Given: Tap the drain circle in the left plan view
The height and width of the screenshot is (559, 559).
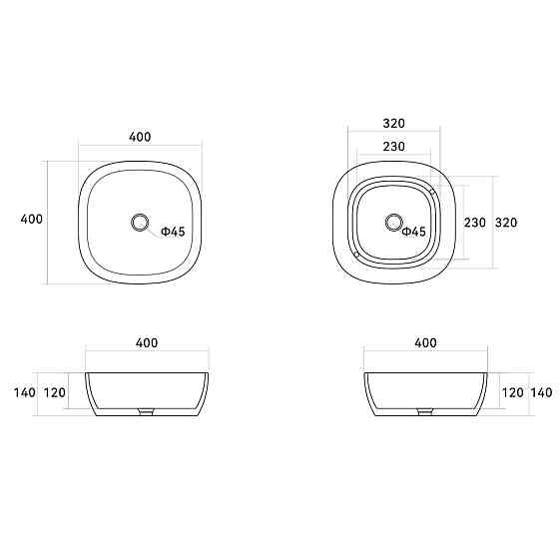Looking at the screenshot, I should click(x=140, y=222).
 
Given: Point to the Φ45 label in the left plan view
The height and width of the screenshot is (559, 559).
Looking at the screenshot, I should click(x=173, y=232).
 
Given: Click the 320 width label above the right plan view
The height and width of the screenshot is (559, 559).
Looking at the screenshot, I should click(x=393, y=124).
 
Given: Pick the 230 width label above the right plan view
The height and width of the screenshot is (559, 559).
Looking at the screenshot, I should click(x=393, y=146).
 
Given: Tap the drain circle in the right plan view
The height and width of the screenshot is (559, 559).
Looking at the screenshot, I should click(x=393, y=222).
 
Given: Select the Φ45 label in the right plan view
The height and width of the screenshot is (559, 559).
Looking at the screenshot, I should click(x=414, y=232).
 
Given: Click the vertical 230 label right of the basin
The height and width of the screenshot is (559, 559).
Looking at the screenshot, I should click(x=474, y=223).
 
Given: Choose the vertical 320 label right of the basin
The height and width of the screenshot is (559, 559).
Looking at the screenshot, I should click(x=506, y=223).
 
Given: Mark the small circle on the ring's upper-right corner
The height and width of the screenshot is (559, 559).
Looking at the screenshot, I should click(x=430, y=187).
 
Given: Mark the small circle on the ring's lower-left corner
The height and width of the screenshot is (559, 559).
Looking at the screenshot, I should click(x=356, y=255).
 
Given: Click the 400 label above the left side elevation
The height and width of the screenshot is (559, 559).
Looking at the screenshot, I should click(x=147, y=343).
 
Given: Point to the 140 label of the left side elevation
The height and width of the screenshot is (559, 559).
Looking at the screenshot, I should click(x=25, y=392).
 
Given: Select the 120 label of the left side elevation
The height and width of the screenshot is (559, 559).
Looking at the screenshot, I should click(x=56, y=392).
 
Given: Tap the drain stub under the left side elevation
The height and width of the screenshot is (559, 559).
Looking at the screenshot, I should click(x=147, y=409).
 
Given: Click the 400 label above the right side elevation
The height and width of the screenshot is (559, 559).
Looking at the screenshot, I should click(x=424, y=343).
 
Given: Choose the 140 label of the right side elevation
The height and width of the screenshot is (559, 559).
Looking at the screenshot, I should click(x=541, y=392).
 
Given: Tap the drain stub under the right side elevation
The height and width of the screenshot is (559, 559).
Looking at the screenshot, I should click(x=425, y=409).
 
